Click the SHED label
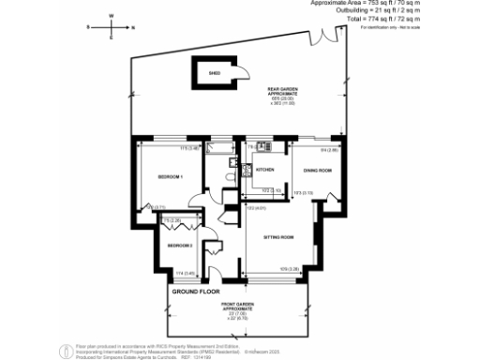pos(214,72)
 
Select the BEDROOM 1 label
pos(170,176)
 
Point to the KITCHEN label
pos(264,170)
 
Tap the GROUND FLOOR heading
pos(196,292)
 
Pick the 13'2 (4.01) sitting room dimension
pos(254,208)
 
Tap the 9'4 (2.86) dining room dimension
pos(328,149)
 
